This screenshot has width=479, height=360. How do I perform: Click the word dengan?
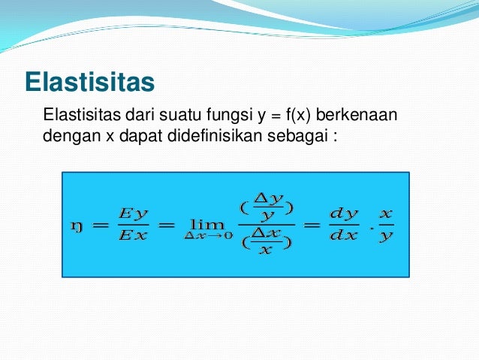click(x=66, y=138)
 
